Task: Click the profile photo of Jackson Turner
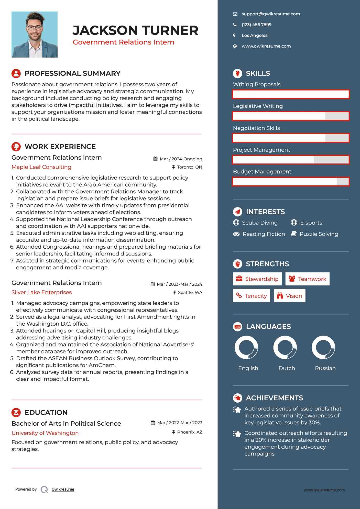pyautogui.click(x=35, y=35)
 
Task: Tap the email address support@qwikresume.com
pyautogui.click(x=271, y=14)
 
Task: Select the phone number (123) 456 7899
pyautogui.click(x=256, y=25)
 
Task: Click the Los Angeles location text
pyautogui.click(x=254, y=36)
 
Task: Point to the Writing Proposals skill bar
pyautogui.click(x=291, y=94)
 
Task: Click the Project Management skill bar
pyautogui.click(x=291, y=160)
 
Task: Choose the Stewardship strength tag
pyautogui.click(x=257, y=279)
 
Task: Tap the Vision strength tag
pyautogui.click(x=289, y=296)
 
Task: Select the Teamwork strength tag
pyautogui.click(x=307, y=279)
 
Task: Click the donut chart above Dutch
pyautogui.click(x=285, y=348)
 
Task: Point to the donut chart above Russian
pyautogui.click(x=323, y=348)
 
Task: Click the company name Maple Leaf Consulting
pyautogui.click(x=41, y=167)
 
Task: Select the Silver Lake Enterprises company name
pyautogui.click(x=42, y=292)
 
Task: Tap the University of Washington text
pyautogui.click(x=45, y=433)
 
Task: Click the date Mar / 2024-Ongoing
pyautogui.click(x=181, y=159)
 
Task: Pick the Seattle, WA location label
pyautogui.click(x=190, y=293)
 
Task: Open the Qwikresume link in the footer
pyautogui.click(x=63, y=489)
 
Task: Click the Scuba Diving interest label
pyautogui.click(x=260, y=223)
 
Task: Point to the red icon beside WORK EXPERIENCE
pyautogui.click(x=16, y=147)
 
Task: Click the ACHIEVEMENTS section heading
pyautogui.click(x=274, y=398)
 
